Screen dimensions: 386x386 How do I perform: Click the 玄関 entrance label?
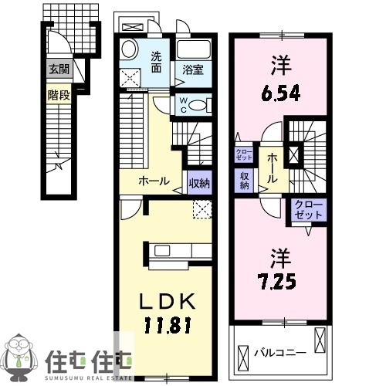coord(58,69)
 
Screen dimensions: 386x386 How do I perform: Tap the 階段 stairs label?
coord(57,96)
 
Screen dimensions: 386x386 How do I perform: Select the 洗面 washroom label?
coord(156,62)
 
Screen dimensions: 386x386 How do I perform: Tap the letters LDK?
coord(167,299)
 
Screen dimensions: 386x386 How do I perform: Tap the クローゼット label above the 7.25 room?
coord(309,208)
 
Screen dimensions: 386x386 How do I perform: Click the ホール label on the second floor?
coord(272,167)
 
